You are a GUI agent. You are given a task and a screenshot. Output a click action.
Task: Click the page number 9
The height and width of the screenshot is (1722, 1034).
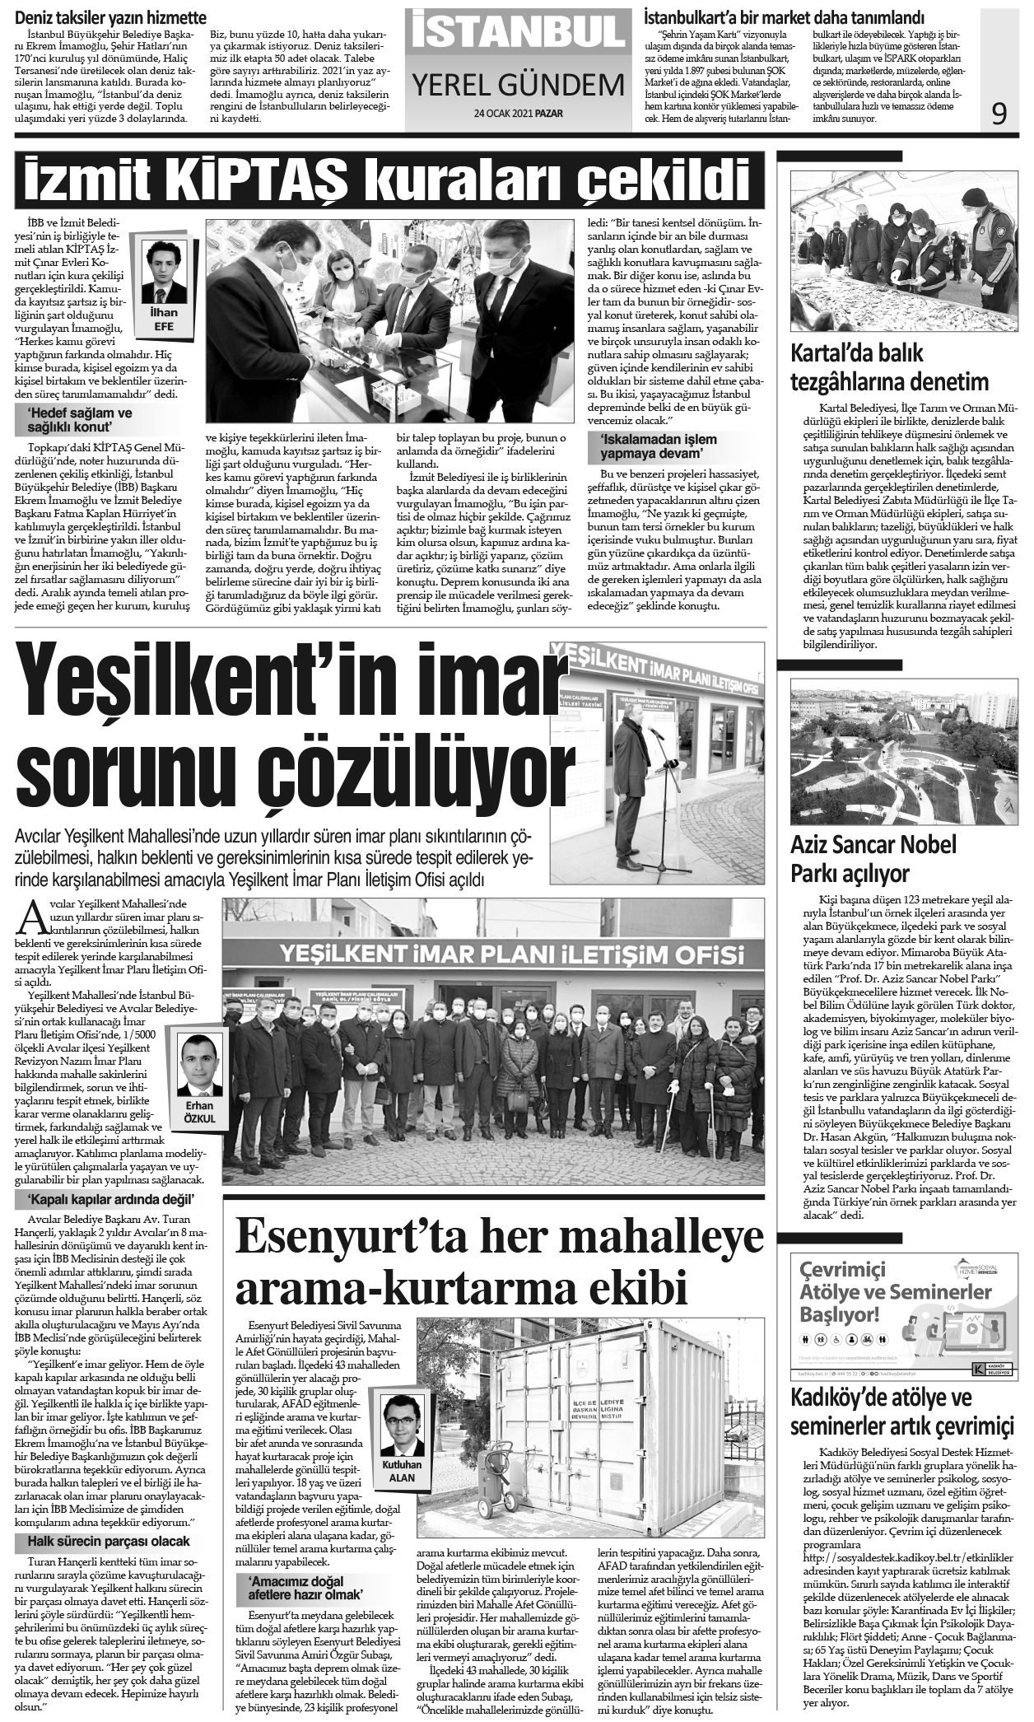(x=999, y=114)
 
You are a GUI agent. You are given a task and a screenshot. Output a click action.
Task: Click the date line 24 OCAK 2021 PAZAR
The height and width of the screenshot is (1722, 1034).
(x=518, y=114)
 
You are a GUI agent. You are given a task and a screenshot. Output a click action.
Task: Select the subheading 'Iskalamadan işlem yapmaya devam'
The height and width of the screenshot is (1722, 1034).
(x=658, y=446)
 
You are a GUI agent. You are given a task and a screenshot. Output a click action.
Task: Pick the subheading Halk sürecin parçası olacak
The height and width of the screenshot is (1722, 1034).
(x=109, y=1541)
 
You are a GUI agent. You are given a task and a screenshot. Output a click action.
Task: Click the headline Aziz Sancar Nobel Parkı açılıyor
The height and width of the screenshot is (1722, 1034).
(x=873, y=858)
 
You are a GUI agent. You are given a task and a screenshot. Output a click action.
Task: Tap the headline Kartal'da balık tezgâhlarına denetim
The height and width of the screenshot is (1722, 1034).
(x=889, y=367)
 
